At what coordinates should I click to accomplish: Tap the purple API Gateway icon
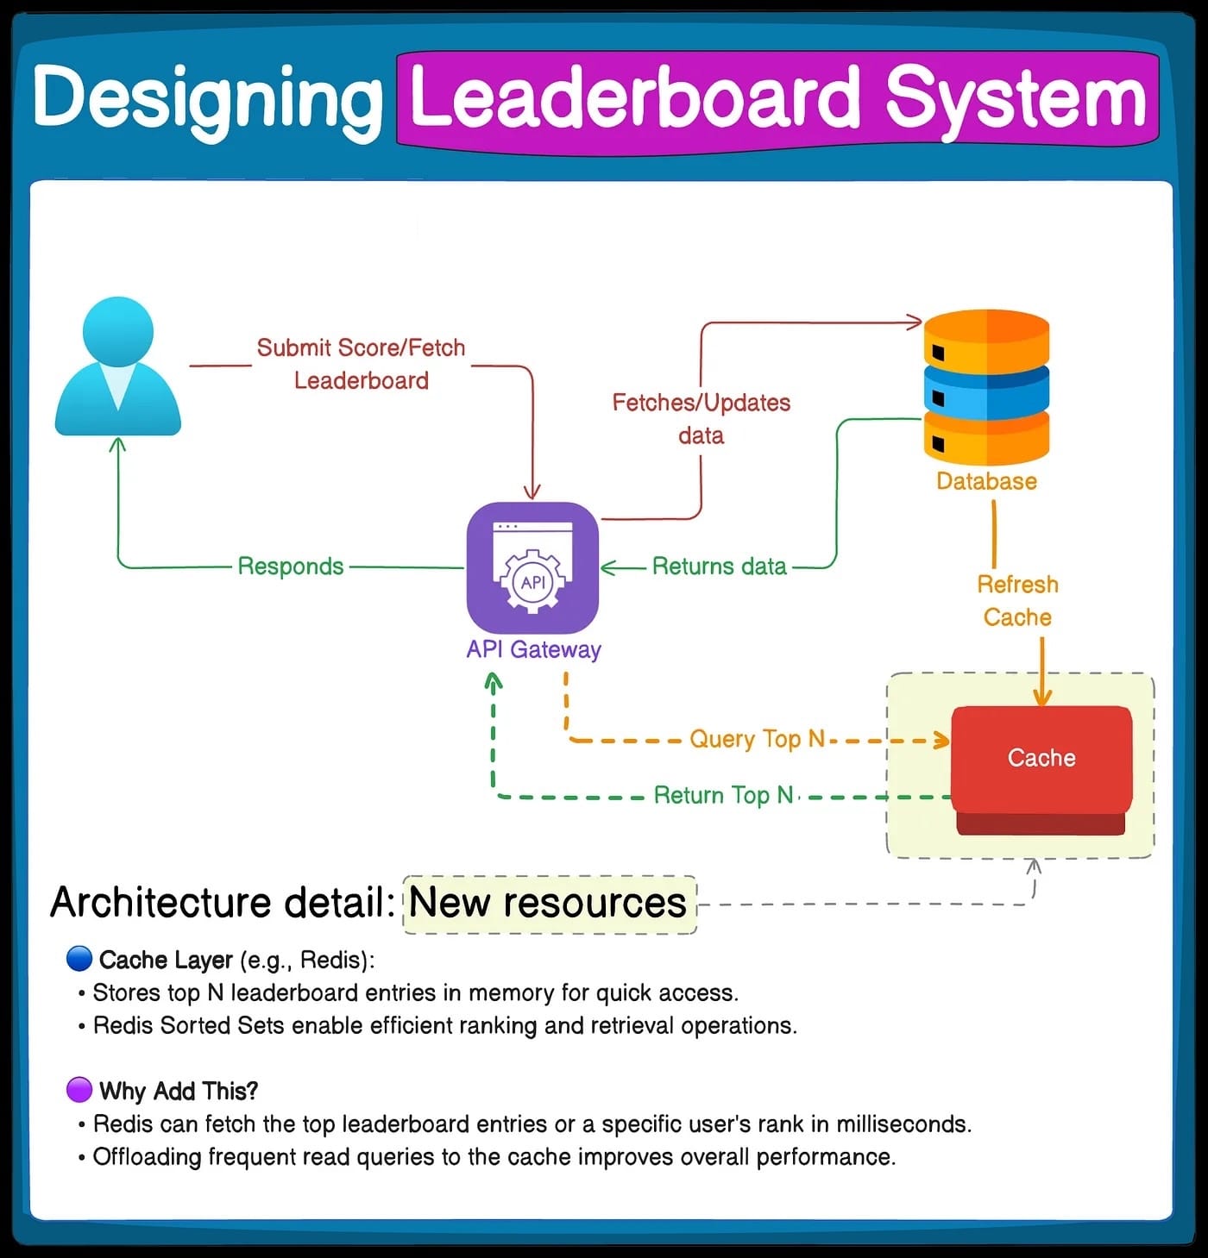click(532, 568)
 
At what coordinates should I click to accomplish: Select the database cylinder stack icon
click(986, 388)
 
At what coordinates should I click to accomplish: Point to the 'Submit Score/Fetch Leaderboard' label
click(361, 364)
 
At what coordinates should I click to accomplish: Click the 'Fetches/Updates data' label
click(702, 418)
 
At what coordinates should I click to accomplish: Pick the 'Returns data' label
click(719, 566)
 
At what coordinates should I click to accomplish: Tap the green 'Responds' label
click(291, 566)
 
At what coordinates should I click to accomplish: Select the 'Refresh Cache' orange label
click(1017, 601)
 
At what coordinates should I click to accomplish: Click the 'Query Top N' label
click(757, 739)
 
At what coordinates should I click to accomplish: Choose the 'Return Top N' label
click(723, 795)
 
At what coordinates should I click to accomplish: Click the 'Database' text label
click(986, 481)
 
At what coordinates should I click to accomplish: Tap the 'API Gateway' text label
click(533, 649)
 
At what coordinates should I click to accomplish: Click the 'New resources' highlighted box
click(549, 903)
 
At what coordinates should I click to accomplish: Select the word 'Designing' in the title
click(207, 99)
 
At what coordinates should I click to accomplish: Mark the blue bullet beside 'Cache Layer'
click(79, 959)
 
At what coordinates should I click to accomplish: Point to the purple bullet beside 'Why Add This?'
click(79, 1090)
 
